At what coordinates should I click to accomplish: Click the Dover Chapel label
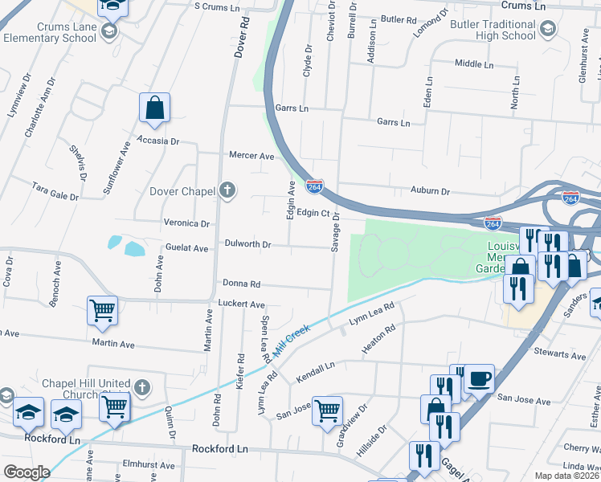[x=182, y=191]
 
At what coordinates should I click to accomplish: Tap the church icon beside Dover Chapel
[x=227, y=190]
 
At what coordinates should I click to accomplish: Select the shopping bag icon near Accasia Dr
[x=154, y=108]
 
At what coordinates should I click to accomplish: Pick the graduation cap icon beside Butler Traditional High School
[x=547, y=31]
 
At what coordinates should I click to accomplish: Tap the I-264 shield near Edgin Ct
[x=314, y=186]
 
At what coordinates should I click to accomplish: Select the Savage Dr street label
[x=337, y=231]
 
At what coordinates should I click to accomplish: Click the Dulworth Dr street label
[x=247, y=243]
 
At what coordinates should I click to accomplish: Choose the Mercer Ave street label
[x=251, y=156]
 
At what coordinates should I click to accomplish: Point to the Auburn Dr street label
[x=430, y=192]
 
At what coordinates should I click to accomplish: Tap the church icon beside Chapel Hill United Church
[x=141, y=387]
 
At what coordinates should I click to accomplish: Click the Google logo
[x=27, y=472]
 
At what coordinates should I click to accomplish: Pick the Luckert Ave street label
[x=241, y=304]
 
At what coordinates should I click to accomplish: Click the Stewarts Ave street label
[x=560, y=354]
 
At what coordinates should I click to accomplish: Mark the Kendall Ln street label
[x=315, y=372]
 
